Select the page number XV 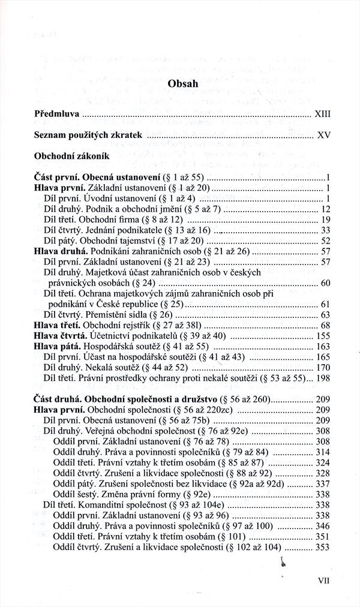(324, 136)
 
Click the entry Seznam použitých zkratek (88, 136)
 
